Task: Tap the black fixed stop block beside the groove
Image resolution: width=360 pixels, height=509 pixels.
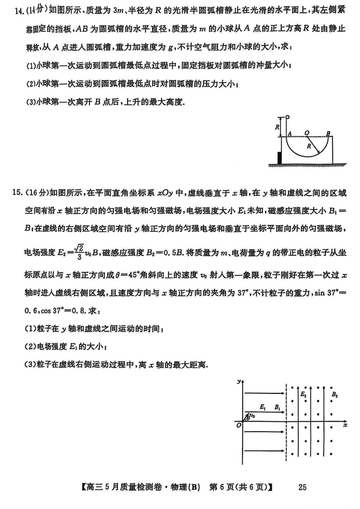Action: [x=280, y=158]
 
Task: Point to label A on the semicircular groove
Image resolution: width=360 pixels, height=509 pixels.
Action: [x=291, y=134]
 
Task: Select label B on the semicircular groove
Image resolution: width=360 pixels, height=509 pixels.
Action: [x=329, y=133]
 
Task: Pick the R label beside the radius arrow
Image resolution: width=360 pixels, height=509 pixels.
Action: [x=309, y=146]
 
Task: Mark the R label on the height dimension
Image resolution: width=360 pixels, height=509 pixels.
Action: [x=278, y=127]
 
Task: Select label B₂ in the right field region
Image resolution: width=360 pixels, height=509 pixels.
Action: [x=334, y=395]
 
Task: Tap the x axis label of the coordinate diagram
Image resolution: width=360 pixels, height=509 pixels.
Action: [x=345, y=424]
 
